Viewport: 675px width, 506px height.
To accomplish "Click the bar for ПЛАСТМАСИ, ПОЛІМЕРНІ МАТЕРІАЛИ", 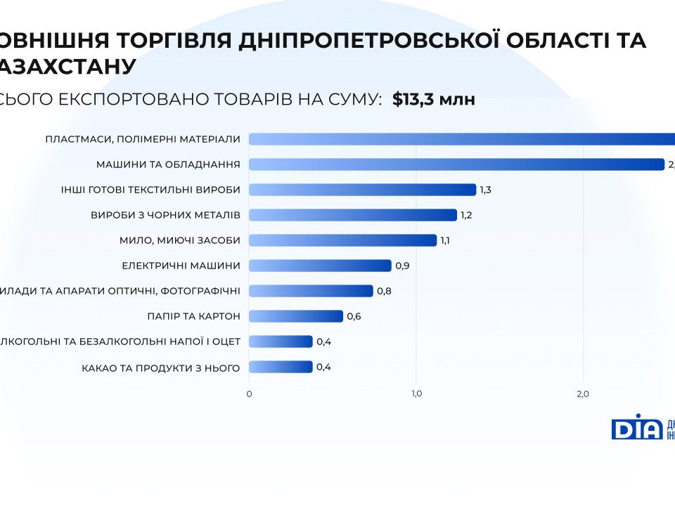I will click(461, 139).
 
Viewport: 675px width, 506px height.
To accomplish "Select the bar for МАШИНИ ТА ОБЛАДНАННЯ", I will click(456, 164).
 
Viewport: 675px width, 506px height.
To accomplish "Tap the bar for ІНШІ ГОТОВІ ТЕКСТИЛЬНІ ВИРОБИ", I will click(362, 190).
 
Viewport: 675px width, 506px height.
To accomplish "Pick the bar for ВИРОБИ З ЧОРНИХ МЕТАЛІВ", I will click(353, 215).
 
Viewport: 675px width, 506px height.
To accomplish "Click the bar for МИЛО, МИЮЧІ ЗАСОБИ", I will click(342, 240).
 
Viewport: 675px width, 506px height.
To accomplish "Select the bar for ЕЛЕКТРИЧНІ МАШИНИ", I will click(320, 266).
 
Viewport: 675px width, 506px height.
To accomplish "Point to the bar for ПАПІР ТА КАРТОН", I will click(296, 316).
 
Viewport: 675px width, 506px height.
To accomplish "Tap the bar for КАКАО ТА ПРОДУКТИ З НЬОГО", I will click(281, 367).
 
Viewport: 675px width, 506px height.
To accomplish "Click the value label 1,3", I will click(486, 190).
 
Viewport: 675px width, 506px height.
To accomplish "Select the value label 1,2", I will click(466, 215).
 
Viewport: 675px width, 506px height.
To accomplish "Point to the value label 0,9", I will click(402, 266).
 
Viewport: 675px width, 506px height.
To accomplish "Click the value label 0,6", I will click(354, 316).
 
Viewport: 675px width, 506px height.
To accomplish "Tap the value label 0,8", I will click(384, 291).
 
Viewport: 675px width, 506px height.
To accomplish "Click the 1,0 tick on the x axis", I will click(416, 394).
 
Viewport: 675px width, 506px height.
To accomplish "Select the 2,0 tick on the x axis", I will click(582, 394).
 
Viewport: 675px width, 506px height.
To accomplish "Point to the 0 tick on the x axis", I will click(249, 394).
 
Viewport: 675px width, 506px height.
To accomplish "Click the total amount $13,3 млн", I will click(434, 99).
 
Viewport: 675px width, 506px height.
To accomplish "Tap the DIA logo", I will click(636, 427).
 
